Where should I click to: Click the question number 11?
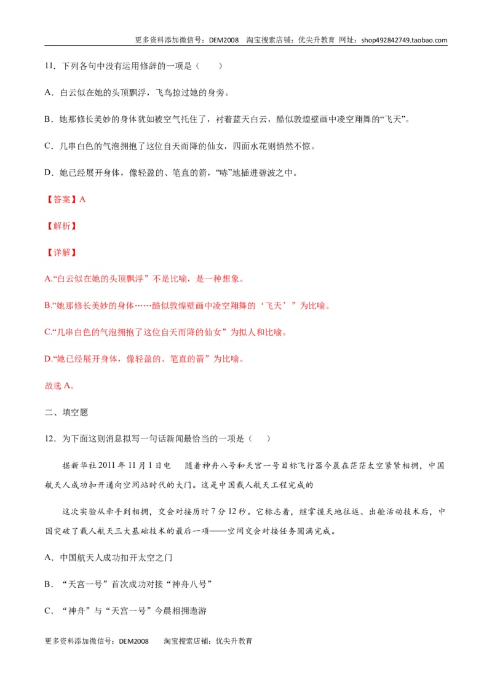[49, 66]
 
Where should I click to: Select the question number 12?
[49, 439]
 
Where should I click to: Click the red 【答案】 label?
[61, 199]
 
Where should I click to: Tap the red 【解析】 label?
[61, 226]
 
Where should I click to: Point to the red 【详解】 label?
[61, 253]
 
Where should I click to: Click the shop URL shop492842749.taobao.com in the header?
[404, 40]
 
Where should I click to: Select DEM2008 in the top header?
[223, 40]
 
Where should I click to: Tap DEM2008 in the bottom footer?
[133, 641]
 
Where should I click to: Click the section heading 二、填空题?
[66, 413]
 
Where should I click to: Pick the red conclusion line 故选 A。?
[60, 386]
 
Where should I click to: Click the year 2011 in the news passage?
[106, 465]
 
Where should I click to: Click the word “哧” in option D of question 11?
[223, 173]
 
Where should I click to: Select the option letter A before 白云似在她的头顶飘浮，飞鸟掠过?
[48, 93]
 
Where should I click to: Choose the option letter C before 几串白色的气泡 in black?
[48, 146]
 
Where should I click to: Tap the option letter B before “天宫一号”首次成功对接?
[48, 584]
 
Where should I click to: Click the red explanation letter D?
[47, 359]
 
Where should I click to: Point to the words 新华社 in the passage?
[84, 465]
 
